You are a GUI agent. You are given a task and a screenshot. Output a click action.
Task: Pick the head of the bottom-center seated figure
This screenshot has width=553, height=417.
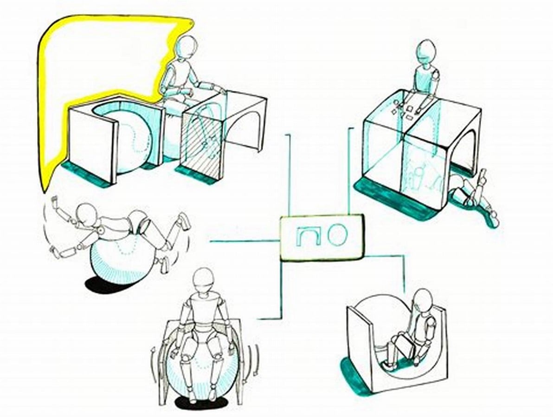pos(204,281)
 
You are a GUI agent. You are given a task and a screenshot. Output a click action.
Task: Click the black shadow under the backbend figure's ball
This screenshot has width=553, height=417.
pos(102,284)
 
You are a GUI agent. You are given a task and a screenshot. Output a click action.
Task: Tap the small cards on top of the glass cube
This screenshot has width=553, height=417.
pos(405,107)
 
